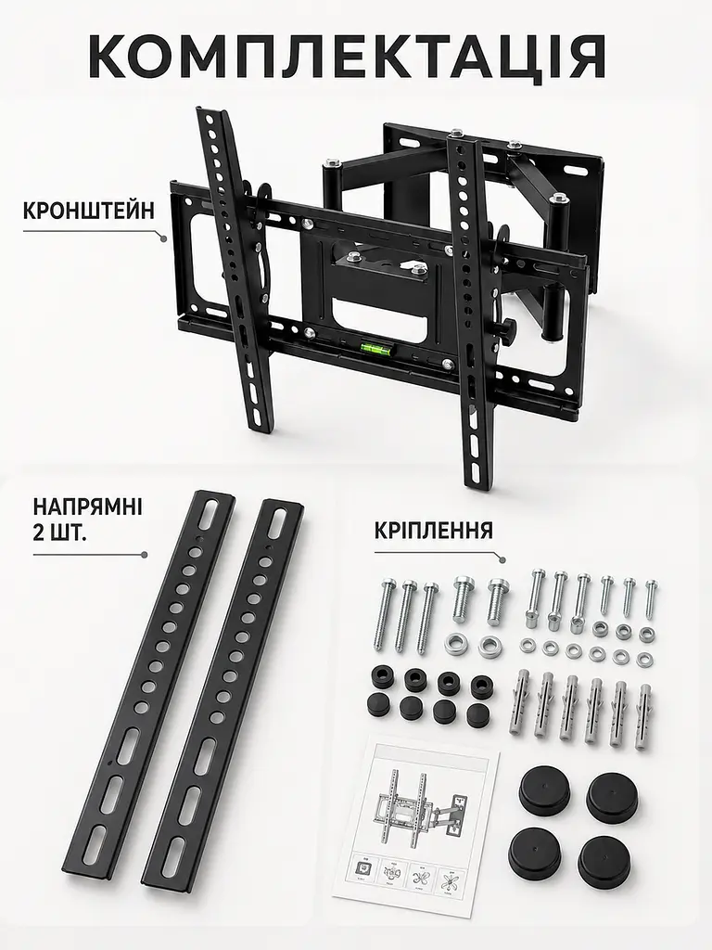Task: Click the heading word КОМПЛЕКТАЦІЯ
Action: coord(347,56)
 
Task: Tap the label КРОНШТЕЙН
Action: coord(89,211)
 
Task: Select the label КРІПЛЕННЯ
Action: coord(434,530)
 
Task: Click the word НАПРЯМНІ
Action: coord(88,506)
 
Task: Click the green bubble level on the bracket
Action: coord(375,348)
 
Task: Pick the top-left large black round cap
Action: coord(543,789)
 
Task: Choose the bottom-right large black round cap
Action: coord(604,860)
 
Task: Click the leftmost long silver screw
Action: coord(386,612)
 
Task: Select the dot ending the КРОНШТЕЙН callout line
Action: coord(164,239)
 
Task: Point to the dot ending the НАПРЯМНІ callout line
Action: coord(144,555)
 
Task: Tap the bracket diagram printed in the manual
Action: coord(418,807)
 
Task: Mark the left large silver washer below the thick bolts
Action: coord(456,644)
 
